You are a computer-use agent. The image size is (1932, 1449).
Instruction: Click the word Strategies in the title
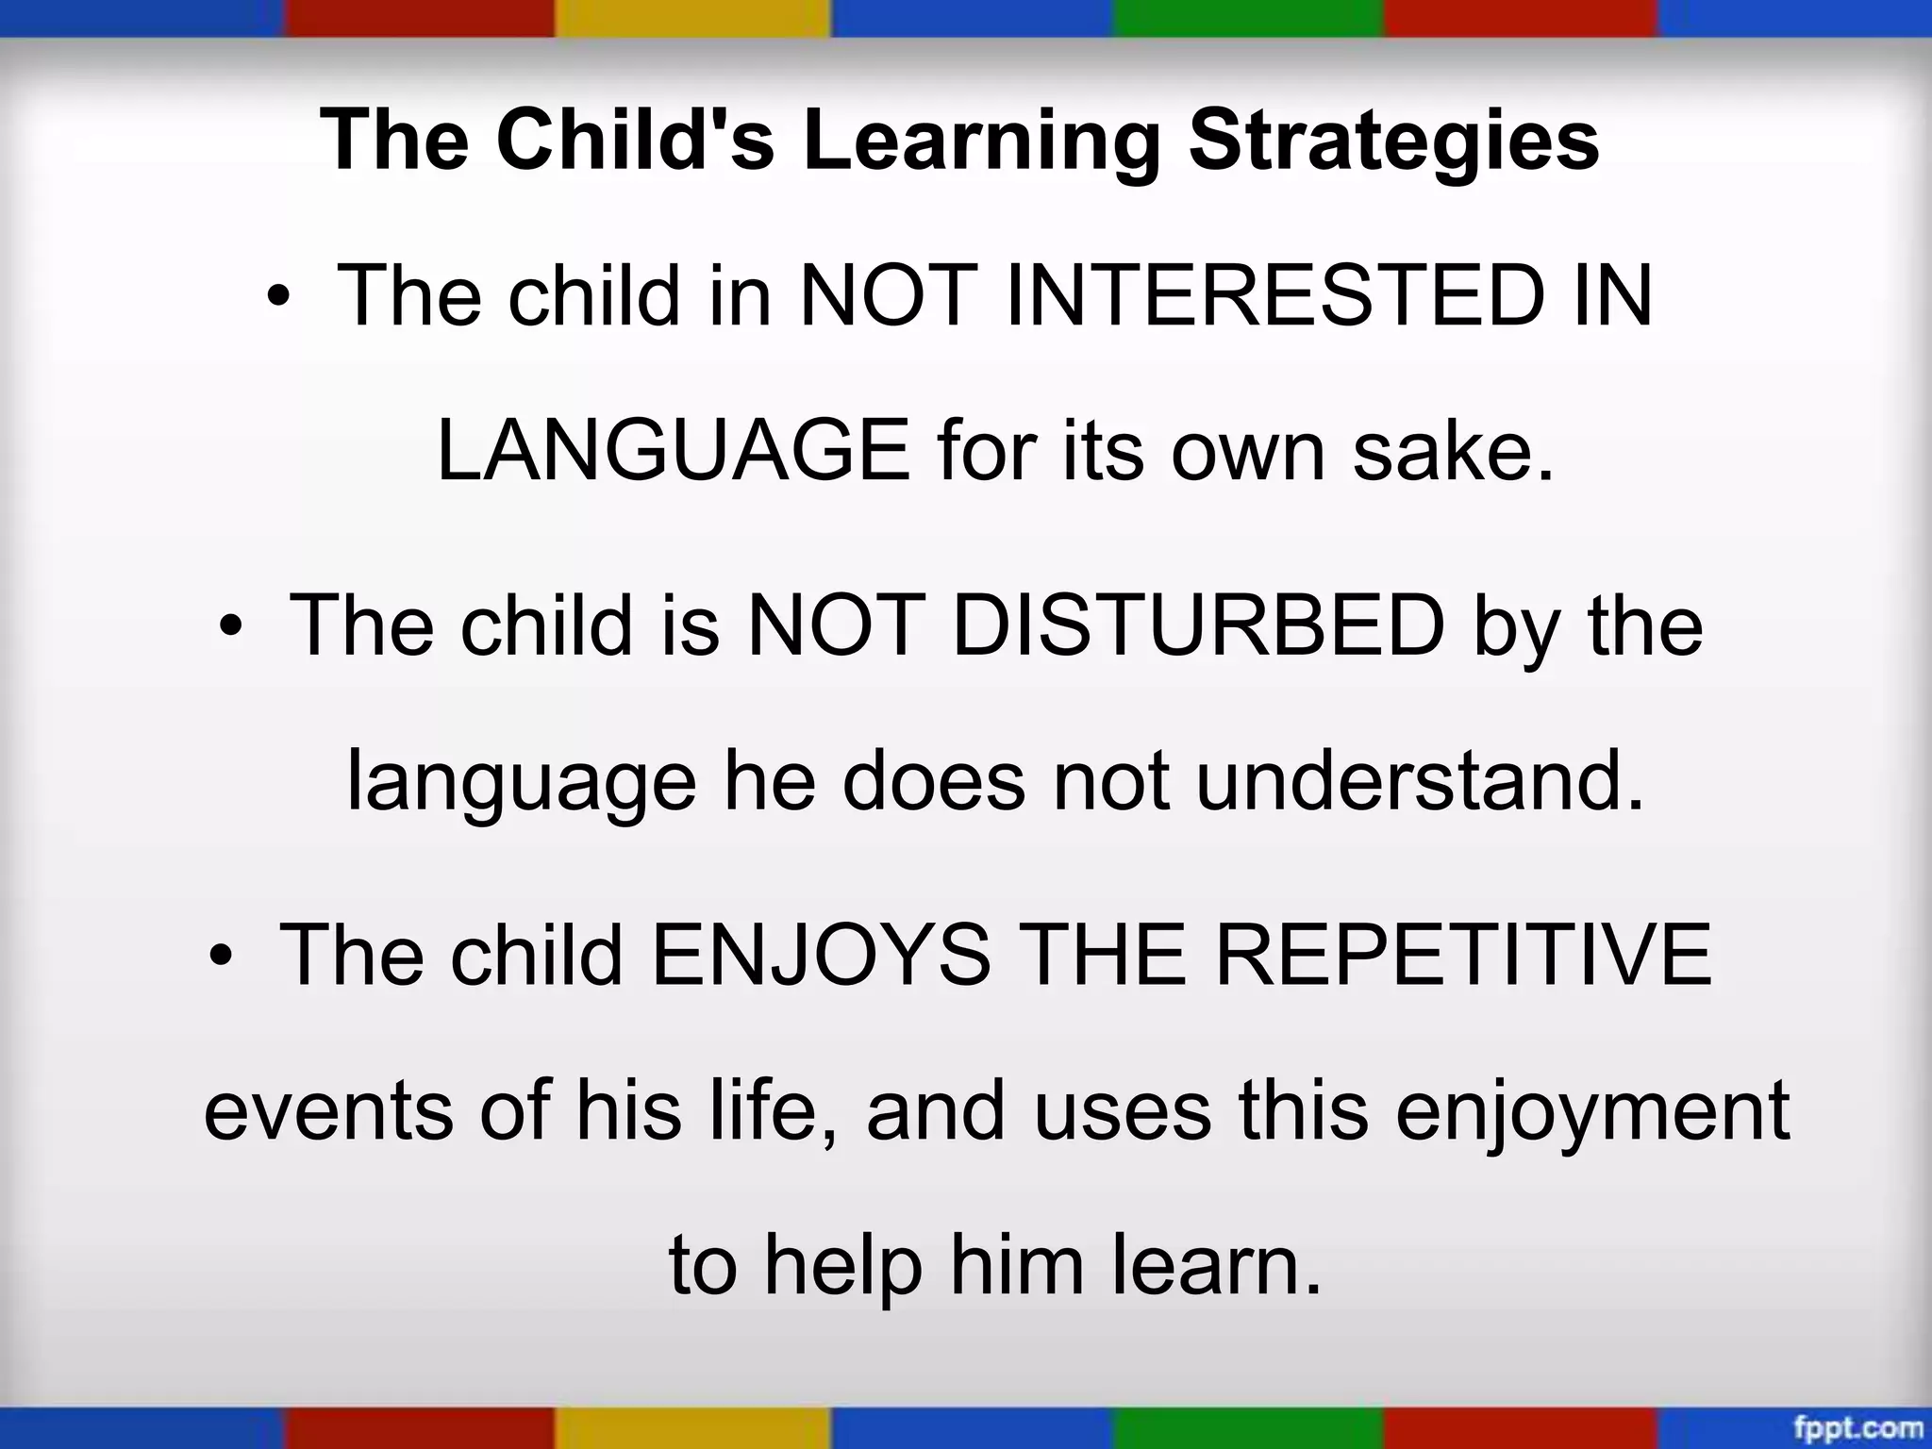(x=1393, y=142)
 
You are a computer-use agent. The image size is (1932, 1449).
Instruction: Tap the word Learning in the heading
(x=981, y=142)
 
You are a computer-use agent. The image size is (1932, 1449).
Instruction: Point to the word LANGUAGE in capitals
(x=674, y=451)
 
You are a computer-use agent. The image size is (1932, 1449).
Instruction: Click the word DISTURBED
(x=1198, y=625)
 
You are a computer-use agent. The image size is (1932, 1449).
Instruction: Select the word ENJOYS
(x=821, y=955)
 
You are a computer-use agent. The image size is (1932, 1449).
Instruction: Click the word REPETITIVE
(x=1462, y=955)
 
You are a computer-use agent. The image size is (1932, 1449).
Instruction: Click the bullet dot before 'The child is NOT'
(x=230, y=627)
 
